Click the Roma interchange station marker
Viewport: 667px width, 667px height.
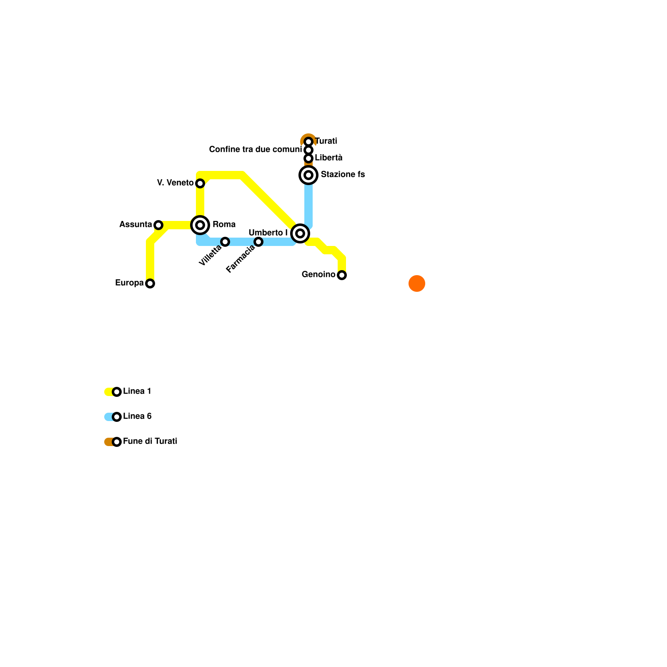coord(200,225)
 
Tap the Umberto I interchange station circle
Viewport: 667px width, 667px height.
coord(300,233)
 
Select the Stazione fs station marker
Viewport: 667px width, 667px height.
coord(308,175)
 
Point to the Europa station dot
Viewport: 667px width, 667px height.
coord(150,283)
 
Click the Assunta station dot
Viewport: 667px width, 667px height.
coord(158,225)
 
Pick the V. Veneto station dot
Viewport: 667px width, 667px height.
coord(200,183)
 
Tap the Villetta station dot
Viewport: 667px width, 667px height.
coord(225,242)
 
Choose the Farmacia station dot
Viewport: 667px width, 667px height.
coord(258,242)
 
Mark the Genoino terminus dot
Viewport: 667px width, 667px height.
coord(342,275)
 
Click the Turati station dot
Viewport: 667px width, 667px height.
coord(308,142)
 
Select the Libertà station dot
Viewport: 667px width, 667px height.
coord(308,158)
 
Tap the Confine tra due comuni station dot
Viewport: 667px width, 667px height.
coord(308,150)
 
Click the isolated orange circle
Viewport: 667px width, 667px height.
coord(417,283)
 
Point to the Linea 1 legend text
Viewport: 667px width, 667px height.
coord(137,391)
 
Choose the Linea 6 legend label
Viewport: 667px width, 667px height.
coord(137,416)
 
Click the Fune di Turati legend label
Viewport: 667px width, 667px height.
coord(150,441)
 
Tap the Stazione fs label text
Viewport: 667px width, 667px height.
coord(343,175)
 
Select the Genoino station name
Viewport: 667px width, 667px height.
coord(318,275)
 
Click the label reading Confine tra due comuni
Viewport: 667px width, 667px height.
coord(255,150)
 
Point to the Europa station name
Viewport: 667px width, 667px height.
coord(129,283)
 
